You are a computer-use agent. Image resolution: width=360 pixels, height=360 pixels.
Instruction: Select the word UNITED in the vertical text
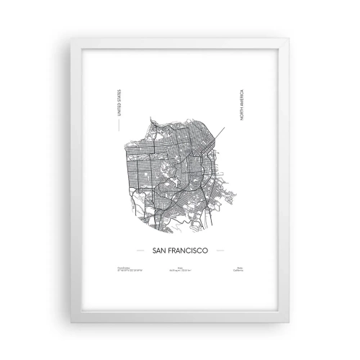click(119, 115)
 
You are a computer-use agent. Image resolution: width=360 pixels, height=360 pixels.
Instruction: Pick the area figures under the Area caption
click(180, 271)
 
